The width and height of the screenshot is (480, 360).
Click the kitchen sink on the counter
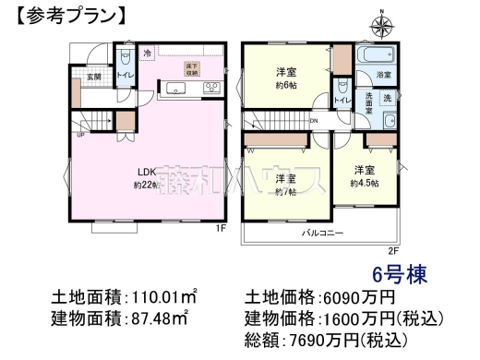point(175,90)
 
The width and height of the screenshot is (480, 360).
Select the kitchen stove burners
point(210,90)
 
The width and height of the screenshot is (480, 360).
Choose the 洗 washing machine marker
point(387,98)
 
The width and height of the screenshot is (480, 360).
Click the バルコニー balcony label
point(319,234)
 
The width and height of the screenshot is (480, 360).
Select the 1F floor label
point(221,227)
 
